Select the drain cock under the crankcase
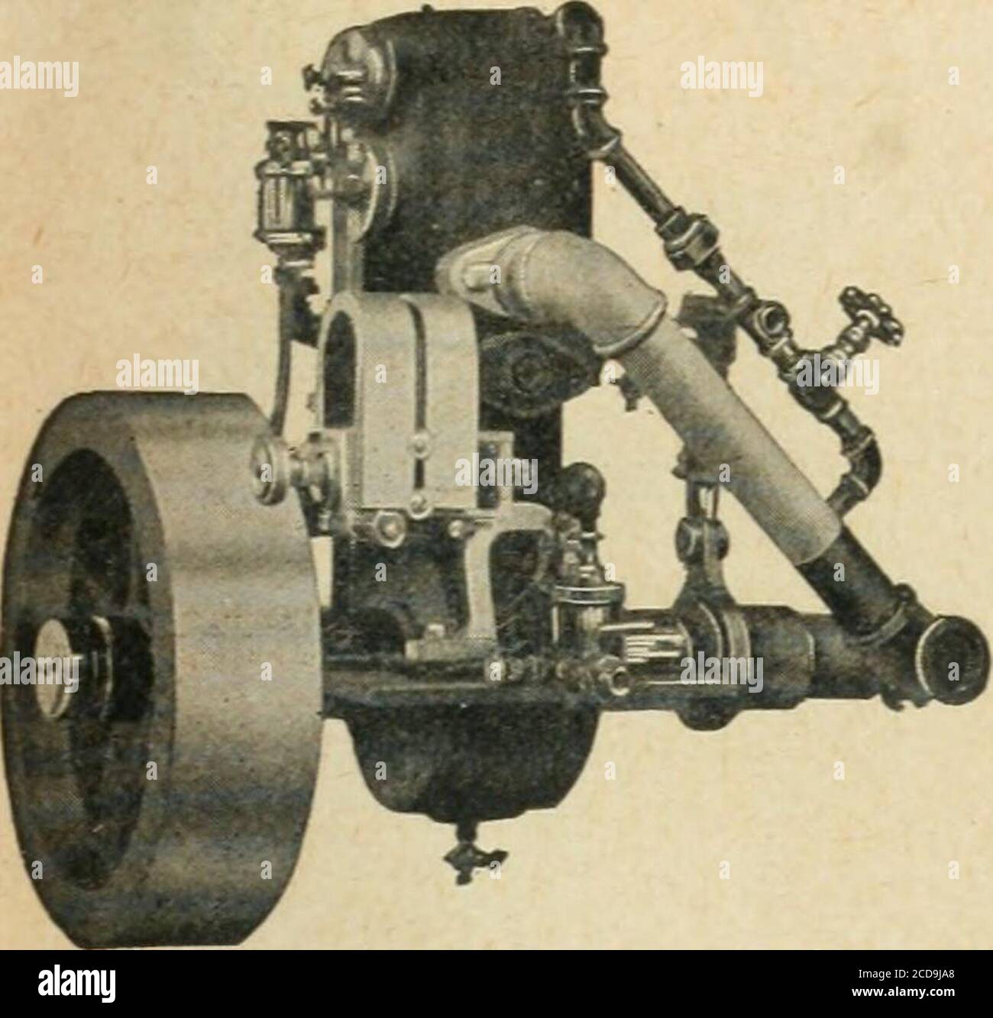474,855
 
